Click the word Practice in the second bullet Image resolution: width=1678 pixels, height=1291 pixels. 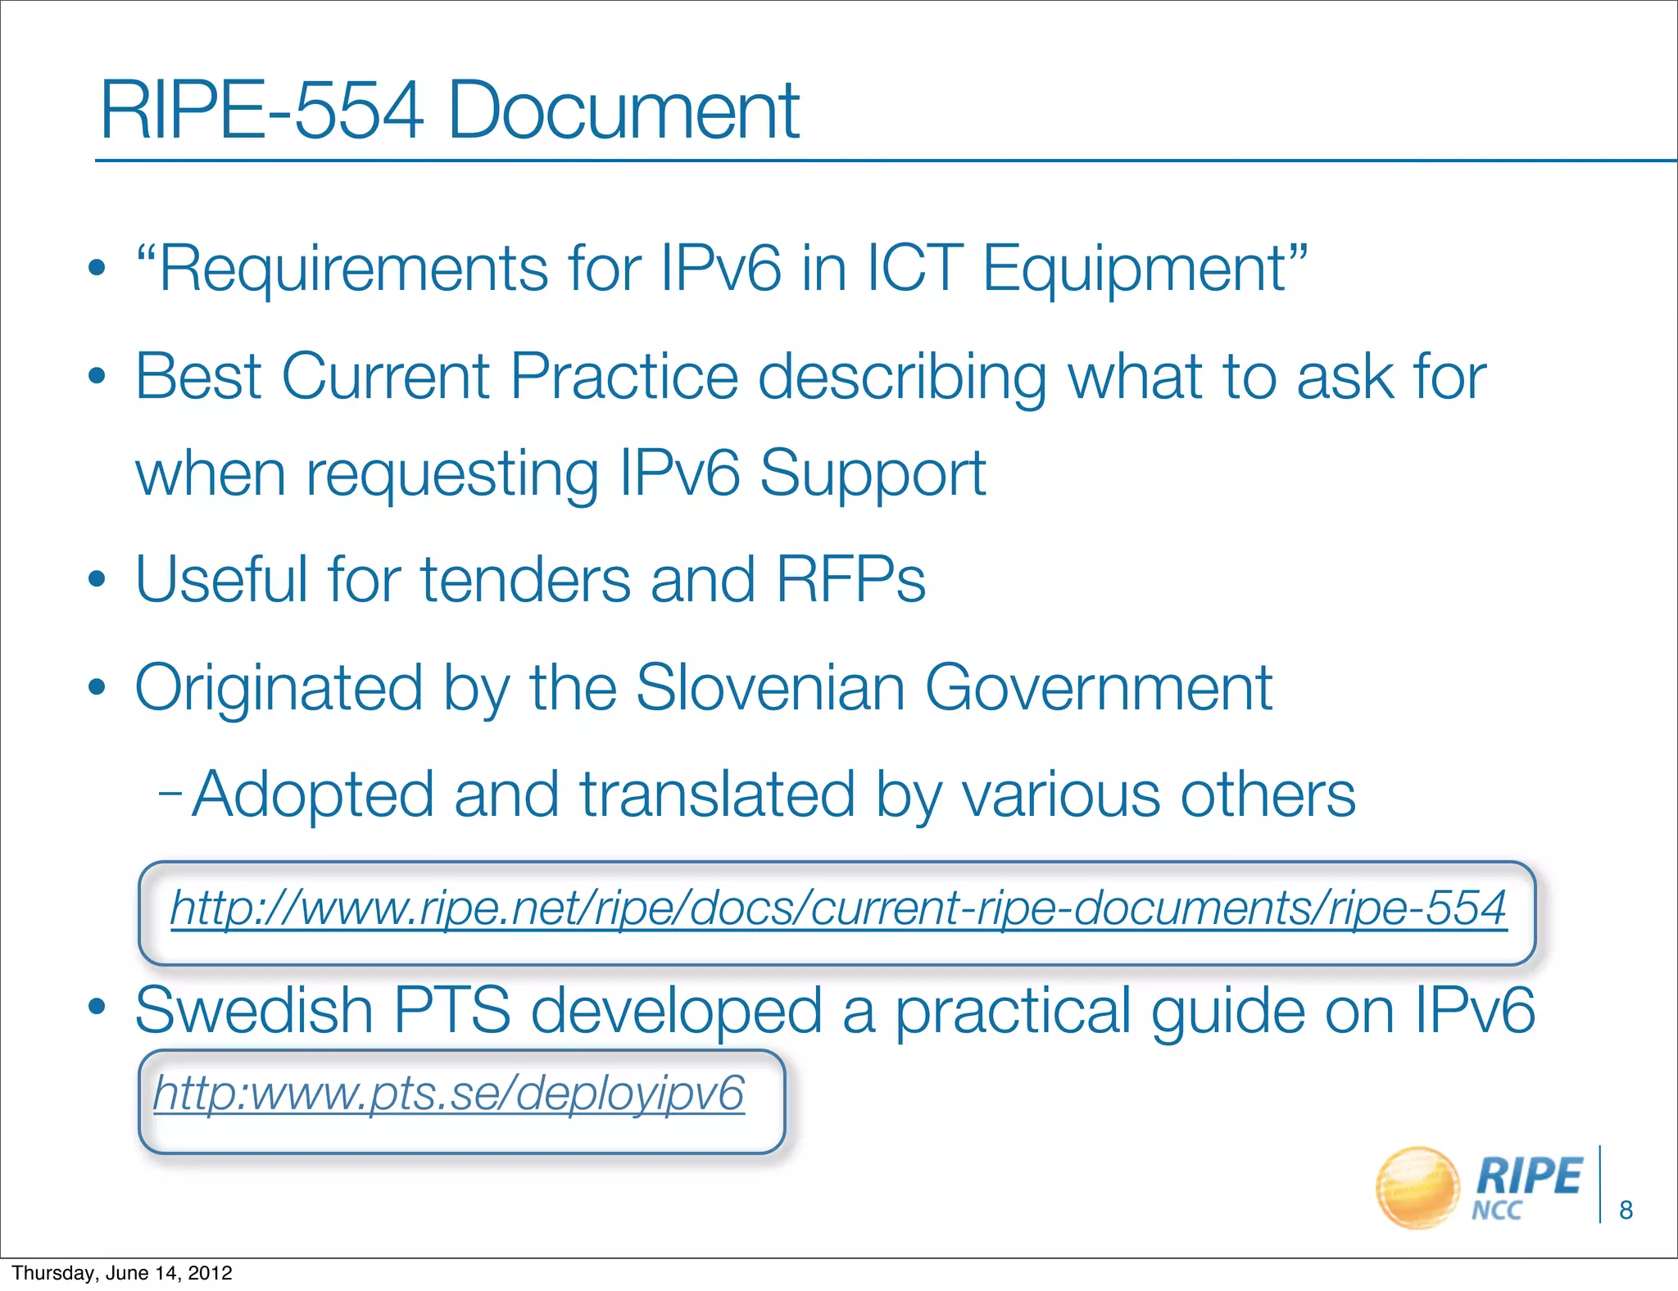(624, 377)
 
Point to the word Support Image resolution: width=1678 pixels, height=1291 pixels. (872, 473)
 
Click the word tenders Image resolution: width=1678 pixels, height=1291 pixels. (525, 579)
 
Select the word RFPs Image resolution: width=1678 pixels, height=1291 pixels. (850, 579)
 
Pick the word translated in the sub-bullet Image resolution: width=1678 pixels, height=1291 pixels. (717, 794)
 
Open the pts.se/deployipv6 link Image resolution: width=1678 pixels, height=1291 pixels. (449, 1093)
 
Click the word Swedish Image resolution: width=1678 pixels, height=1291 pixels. (254, 1010)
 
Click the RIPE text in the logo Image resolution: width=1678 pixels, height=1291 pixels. (1528, 1176)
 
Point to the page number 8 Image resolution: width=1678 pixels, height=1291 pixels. (1626, 1210)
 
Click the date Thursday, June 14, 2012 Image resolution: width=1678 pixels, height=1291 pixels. (122, 1273)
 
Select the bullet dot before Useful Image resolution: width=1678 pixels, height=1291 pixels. (98, 579)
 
